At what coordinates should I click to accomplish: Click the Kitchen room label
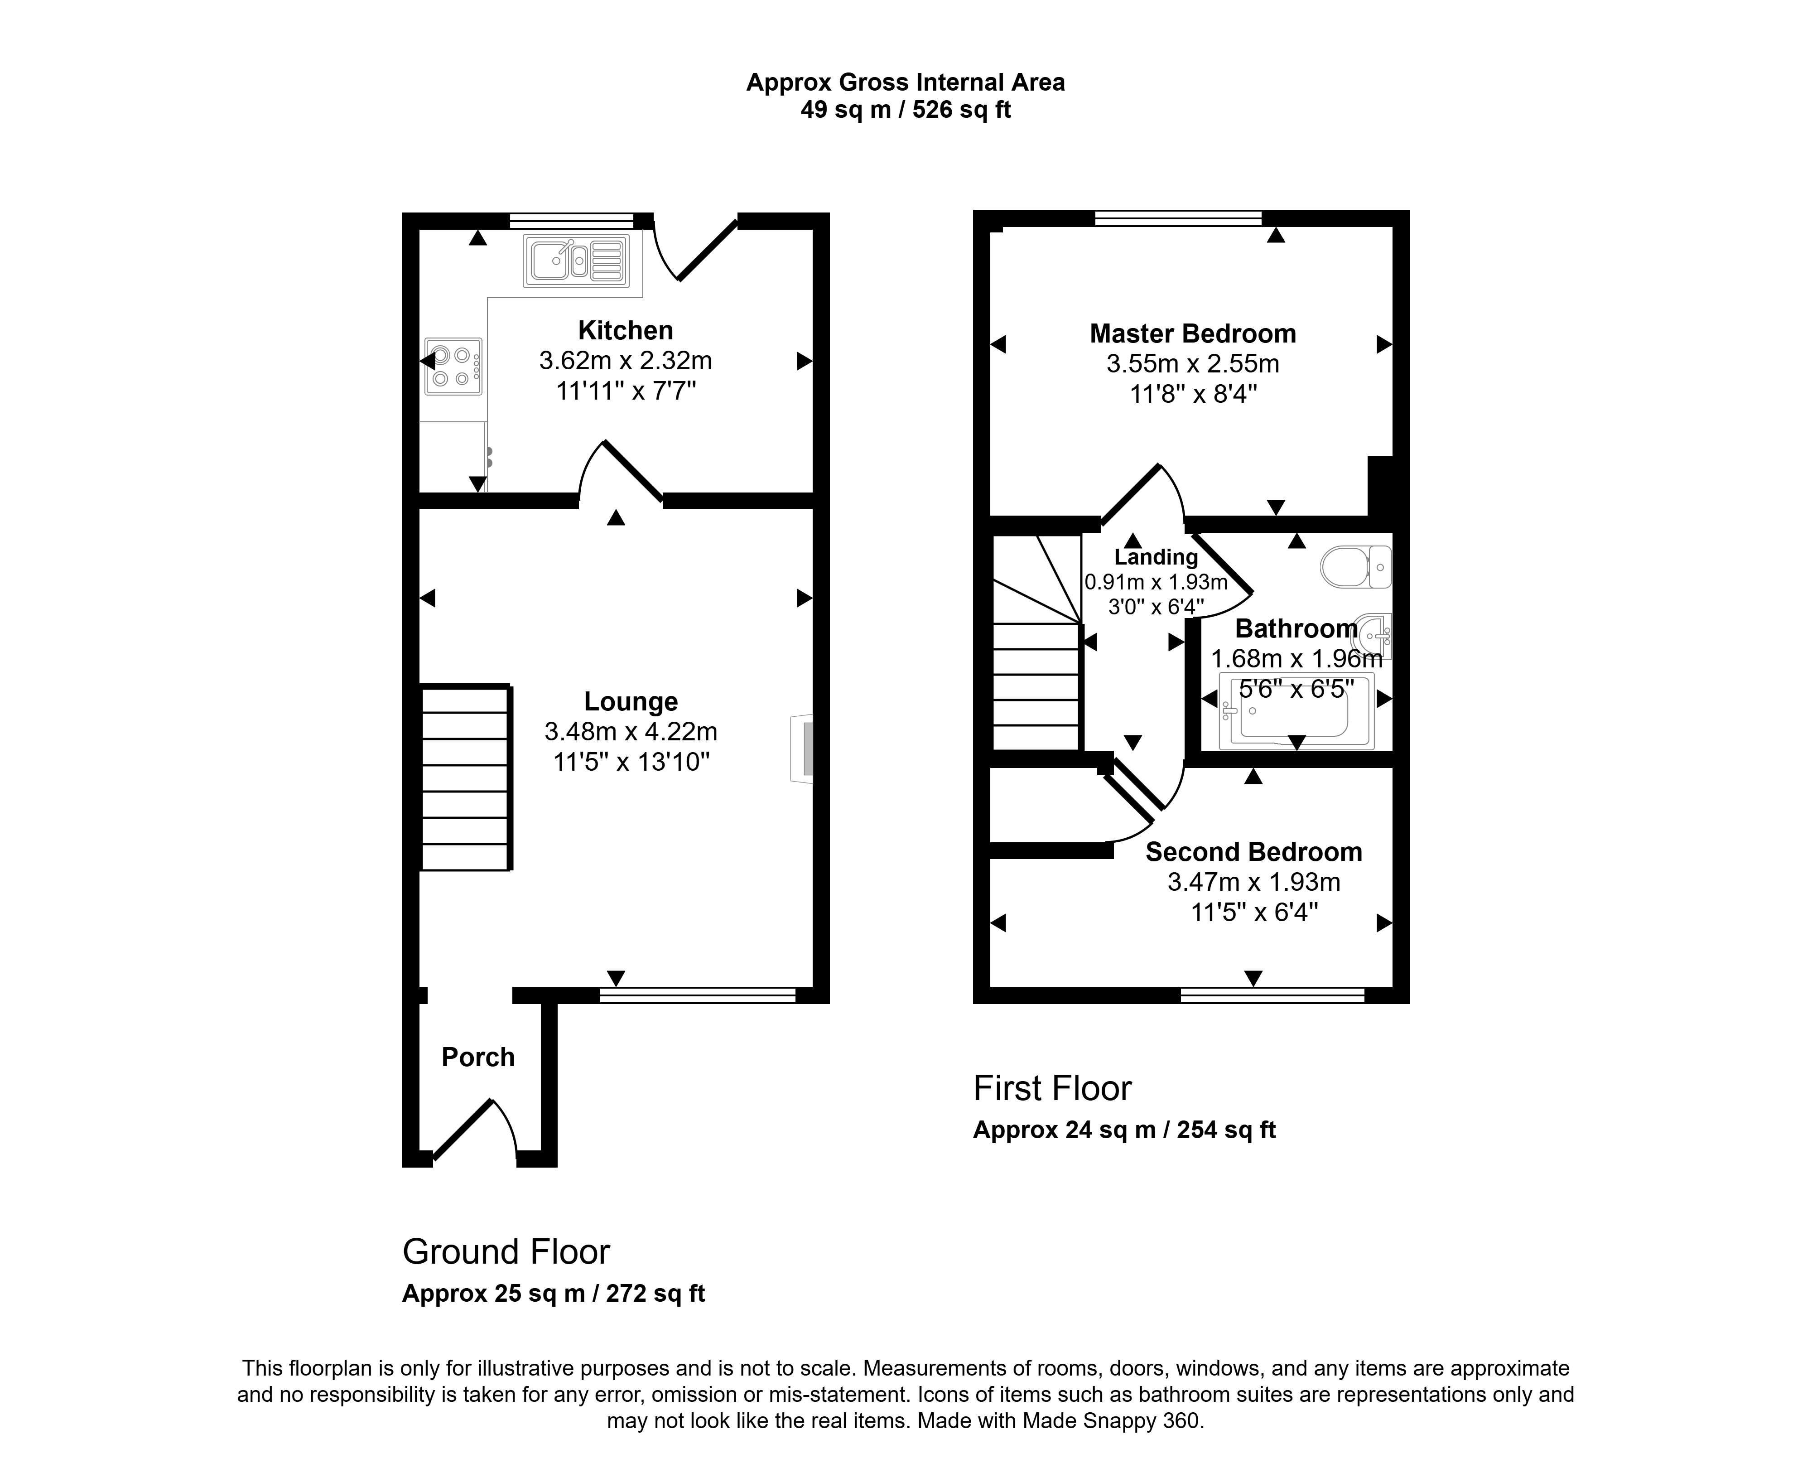coord(626,330)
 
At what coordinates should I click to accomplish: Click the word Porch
coord(478,1057)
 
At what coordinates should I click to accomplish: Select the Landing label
coord(1156,557)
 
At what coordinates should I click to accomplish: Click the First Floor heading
coord(1052,1088)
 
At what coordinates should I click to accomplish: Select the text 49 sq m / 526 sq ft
coord(906,110)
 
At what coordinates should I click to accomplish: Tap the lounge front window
coord(698,995)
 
